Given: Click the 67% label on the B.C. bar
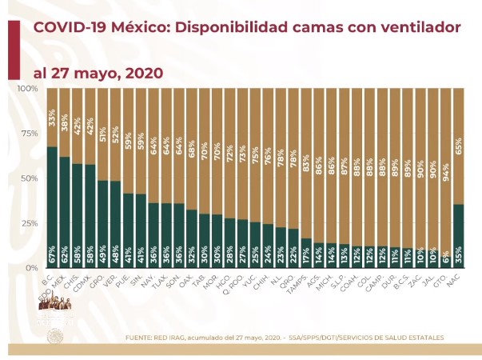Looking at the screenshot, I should point(51,258).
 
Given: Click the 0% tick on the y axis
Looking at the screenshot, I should point(30,267).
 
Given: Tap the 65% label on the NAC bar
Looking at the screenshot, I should point(456,122).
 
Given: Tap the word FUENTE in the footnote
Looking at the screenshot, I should point(143,338).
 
